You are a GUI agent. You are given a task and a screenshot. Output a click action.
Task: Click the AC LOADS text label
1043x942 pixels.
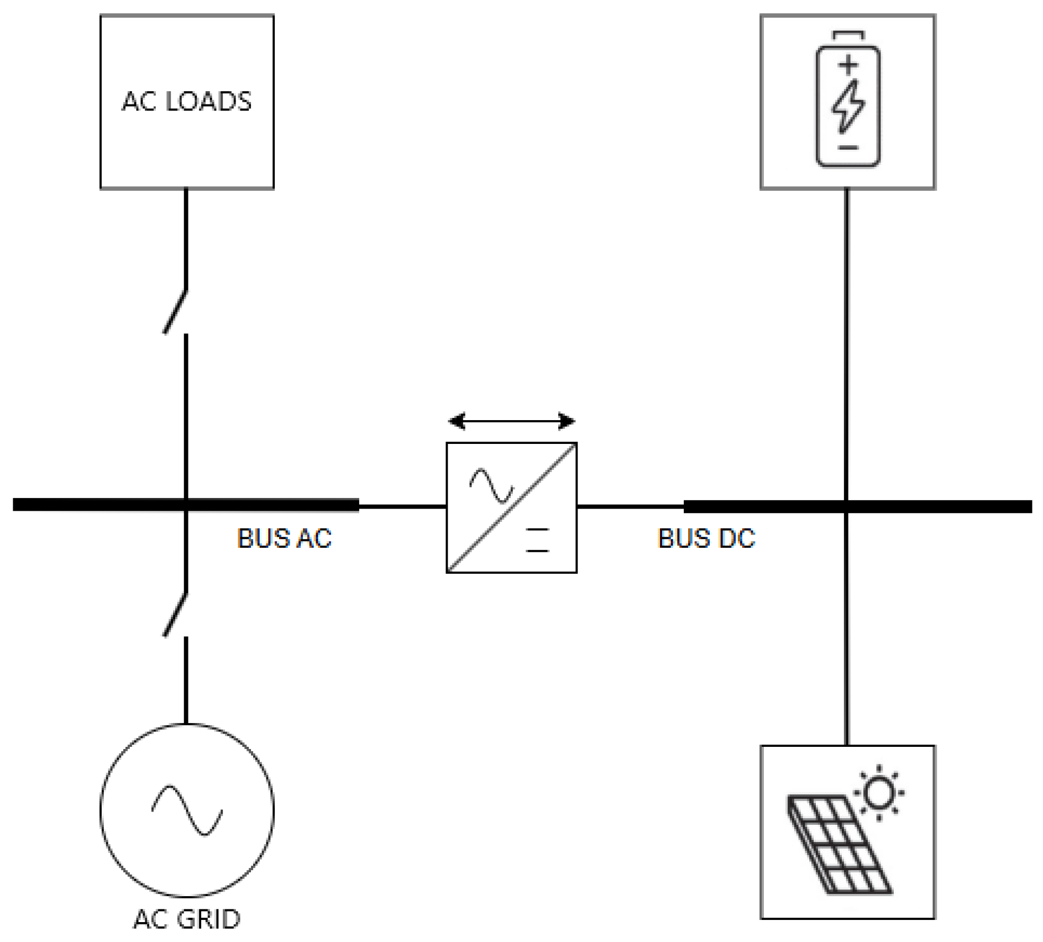(187, 102)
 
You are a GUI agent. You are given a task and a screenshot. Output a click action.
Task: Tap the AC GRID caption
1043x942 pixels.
(187, 919)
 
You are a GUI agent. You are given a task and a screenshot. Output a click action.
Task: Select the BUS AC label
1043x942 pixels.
(284, 538)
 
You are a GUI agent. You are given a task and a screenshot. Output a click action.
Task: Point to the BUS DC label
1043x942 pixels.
(706, 538)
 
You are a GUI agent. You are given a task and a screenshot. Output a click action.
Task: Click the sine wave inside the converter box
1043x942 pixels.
(491, 486)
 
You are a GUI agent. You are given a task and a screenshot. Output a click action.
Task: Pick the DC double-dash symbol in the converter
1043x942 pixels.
(537, 540)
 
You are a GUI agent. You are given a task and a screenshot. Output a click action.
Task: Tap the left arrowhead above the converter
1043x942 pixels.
(457, 421)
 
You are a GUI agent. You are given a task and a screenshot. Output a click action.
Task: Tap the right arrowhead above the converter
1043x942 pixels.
(567, 421)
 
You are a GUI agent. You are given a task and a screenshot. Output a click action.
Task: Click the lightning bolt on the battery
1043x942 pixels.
(848, 107)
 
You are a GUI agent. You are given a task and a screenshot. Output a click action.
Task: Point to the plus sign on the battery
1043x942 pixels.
(848, 65)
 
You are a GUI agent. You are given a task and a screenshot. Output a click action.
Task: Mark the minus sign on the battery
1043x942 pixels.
(848, 148)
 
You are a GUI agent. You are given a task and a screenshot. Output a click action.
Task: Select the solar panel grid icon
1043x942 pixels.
(839, 845)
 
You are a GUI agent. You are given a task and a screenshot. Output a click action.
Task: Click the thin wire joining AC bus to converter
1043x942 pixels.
(402, 506)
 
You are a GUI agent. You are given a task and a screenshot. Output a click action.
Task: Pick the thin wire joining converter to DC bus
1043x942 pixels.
(630, 506)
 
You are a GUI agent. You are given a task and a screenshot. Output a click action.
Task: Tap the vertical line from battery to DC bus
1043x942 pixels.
(847, 343)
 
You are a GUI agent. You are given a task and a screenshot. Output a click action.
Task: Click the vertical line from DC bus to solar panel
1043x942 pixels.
(847, 630)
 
